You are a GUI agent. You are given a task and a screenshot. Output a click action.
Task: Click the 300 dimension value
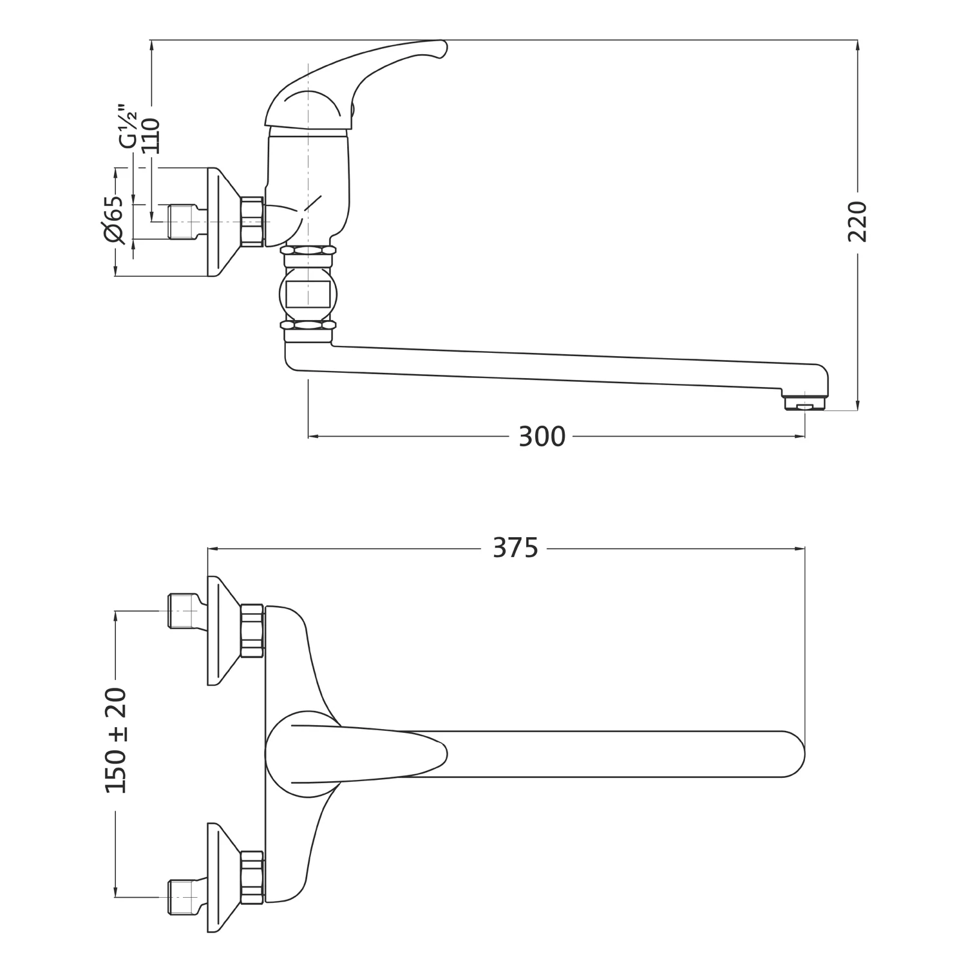(x=542, y=437)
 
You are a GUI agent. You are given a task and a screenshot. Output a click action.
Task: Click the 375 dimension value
(x=515, y=548)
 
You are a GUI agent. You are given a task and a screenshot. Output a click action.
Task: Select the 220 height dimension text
(x=857, y=222)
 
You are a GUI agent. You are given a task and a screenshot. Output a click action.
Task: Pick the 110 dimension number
(x=150, y=136)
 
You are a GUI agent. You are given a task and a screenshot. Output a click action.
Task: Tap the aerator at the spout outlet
(x=805, y=404)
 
